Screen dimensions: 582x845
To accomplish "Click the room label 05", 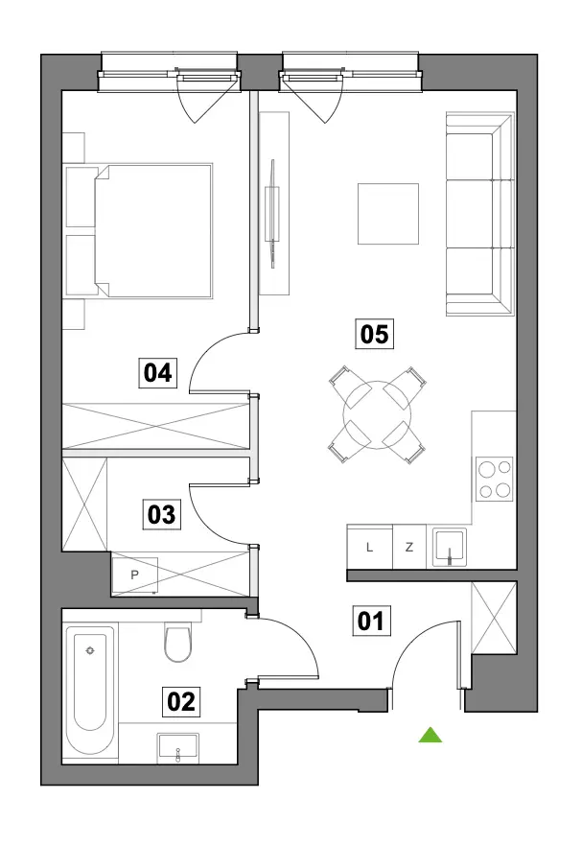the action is pyautogui.click(x=374, y=334).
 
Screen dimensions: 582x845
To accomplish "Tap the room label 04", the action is pyautogui.click(x=158, y=372).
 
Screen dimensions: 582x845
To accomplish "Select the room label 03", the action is pyautogui.click(x=162, y=514).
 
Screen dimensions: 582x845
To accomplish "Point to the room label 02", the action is pyautogui.click(x=181, y=702).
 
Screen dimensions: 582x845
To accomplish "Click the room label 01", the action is pyautogui.click(x=371, y=621).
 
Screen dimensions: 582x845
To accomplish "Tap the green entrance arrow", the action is pyautogui.click(x=431, y=735).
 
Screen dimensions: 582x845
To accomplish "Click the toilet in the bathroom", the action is pyautogui.click(x=177, y=642).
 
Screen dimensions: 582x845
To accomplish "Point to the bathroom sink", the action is pyautogui.click(x=177, y=748).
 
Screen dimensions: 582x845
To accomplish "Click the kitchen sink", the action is pyautogui.click(x=449, y=547).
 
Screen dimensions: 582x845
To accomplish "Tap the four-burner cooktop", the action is pyautogui.click(x=494, y=479).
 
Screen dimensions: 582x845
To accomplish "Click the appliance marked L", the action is pyautogui.click(x=370, y=547).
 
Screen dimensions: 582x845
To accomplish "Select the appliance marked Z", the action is pyautogui.click(x=409, y=547).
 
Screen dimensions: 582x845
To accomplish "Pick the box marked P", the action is pyautogui.click(x=135, y=575).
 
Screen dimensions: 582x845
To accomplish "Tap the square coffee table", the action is pyautogui.click(x=388, y=213).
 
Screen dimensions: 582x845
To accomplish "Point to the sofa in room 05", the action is pyautogui.click(x=479, y=213).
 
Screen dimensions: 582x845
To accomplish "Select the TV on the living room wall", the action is pyautogui.click(x=274, y=213).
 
